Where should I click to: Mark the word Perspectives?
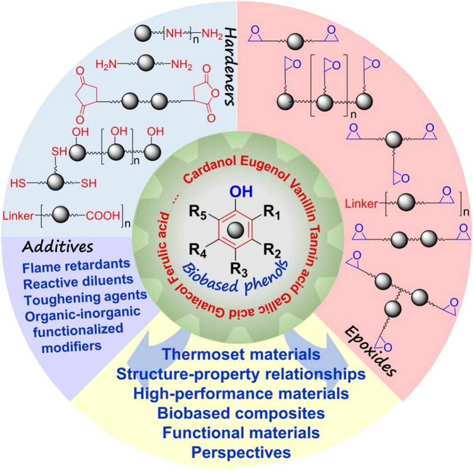241,452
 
